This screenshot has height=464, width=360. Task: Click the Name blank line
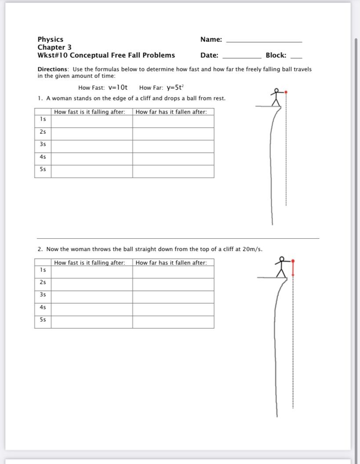(x=264, y=41)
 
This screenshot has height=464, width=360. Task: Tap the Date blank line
(x=242, y=58)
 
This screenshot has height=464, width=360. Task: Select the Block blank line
(x=297, y=58)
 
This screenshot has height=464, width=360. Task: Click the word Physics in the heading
(x=51, y=40)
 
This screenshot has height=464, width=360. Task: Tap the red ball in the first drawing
(x=286, y=92)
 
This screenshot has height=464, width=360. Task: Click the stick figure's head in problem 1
(x=276, y=90)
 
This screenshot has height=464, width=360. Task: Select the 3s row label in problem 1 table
(x=43, y=144)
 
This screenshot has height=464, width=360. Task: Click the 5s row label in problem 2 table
(x=43, y=320)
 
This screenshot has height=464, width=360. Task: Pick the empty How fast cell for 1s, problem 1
(x=91, y=121)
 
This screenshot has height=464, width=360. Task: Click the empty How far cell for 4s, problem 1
(x=173, y=159)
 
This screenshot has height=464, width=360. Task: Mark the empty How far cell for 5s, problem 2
(x=173, y=322)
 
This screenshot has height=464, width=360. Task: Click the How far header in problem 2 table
(x=171, y=263)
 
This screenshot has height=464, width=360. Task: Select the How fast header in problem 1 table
(x=90, y=112)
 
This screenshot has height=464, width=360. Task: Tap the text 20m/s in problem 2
(x=253, y=249)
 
